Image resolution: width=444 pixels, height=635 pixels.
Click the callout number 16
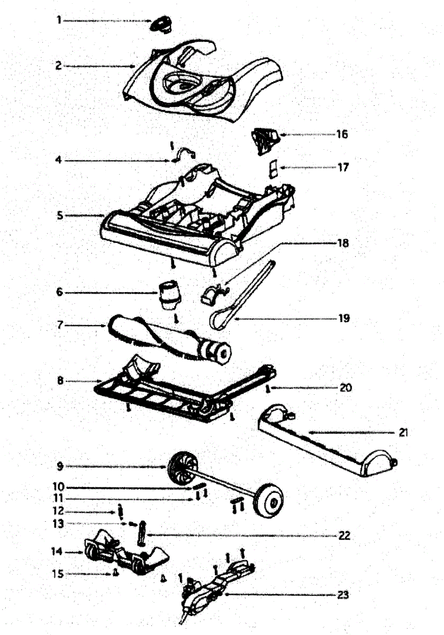pos(342,134)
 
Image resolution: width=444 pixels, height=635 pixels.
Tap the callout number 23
pos(343,594)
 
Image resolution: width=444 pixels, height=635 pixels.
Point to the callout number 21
pos(403,432)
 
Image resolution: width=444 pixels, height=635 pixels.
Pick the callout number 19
pos(345,319)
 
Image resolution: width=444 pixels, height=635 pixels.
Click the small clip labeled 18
pos(214,292)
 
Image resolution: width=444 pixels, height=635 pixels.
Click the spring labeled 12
pos(121,513)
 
